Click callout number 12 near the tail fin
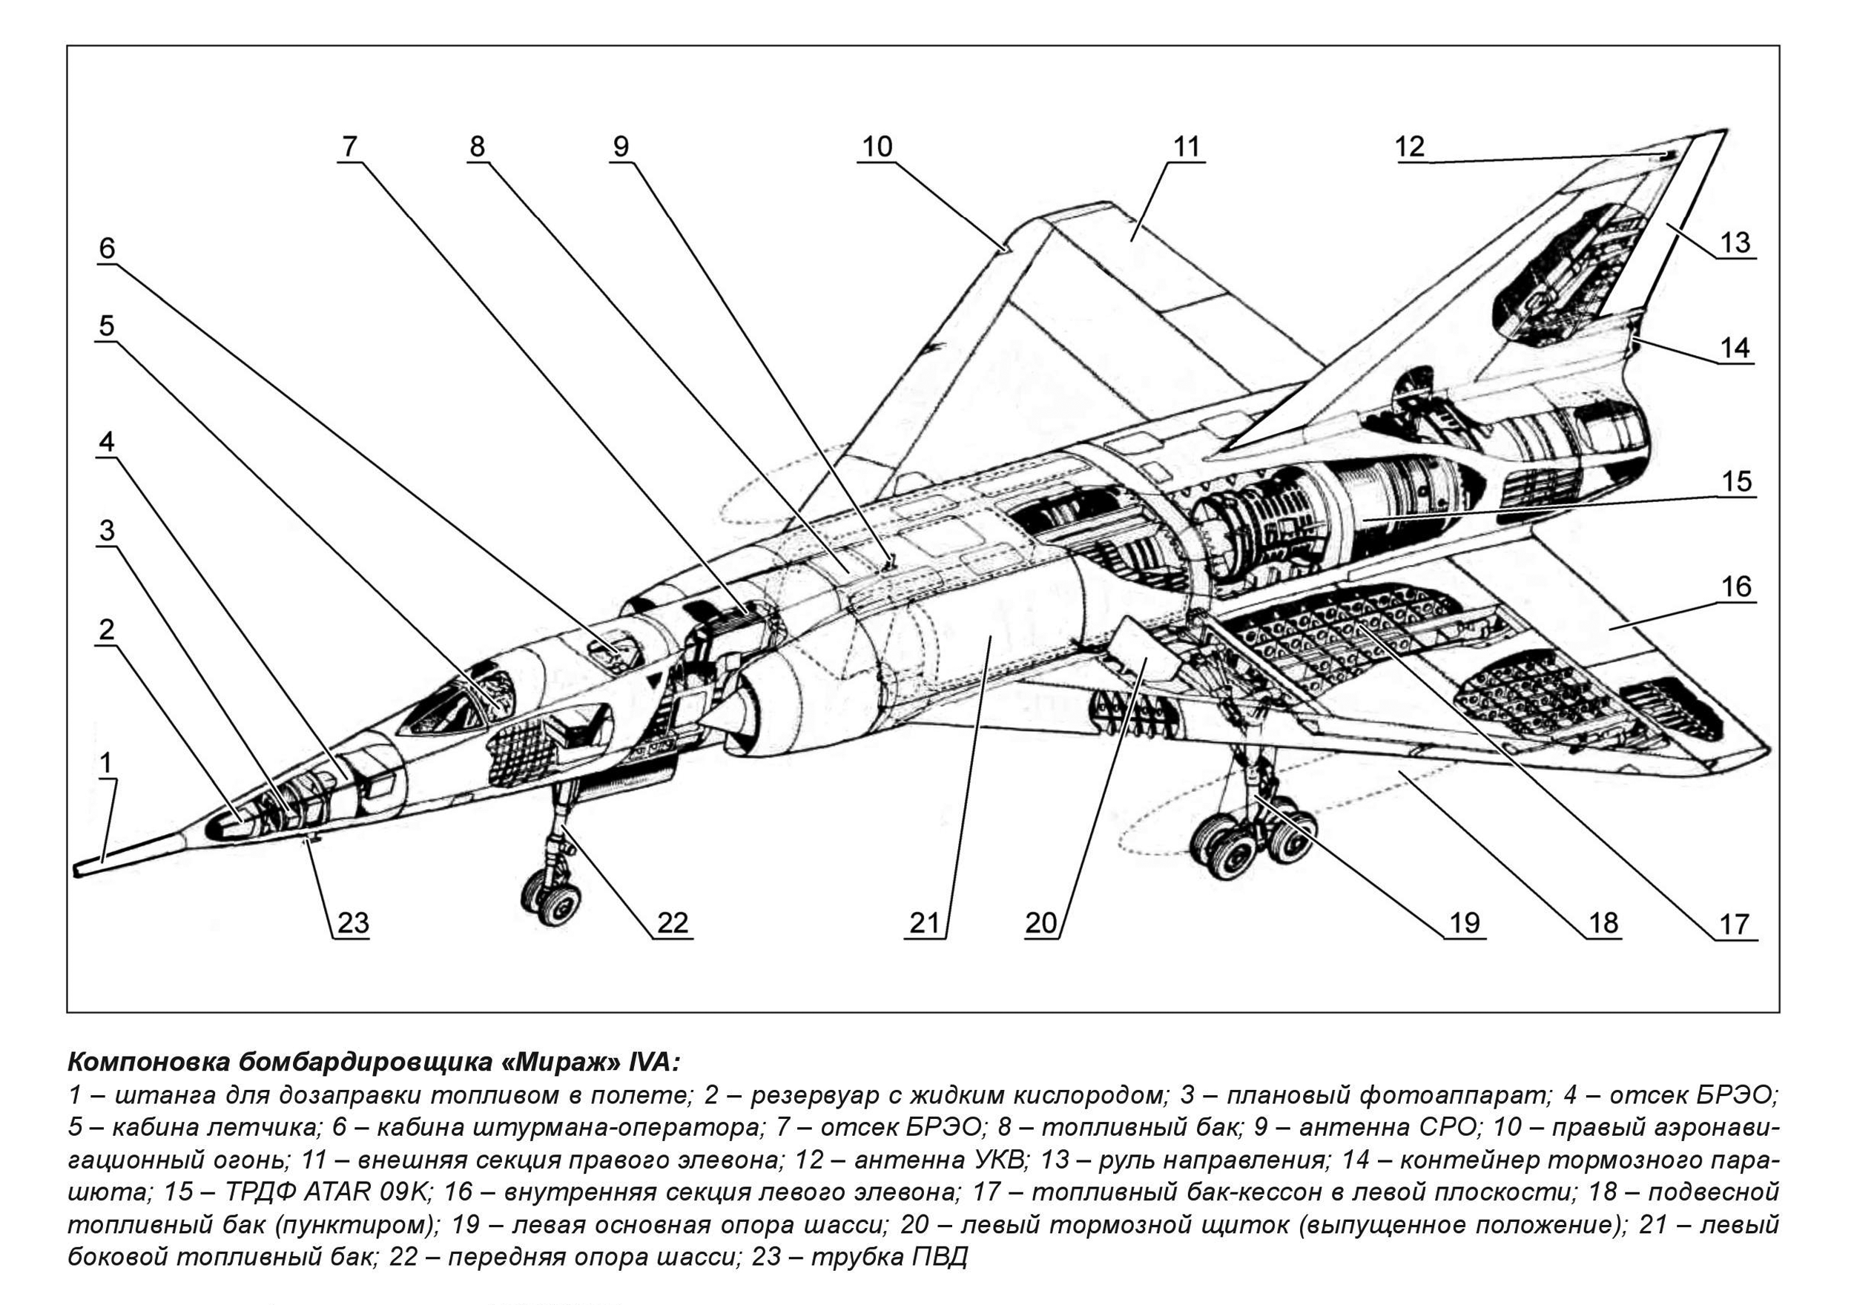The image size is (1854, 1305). point(1409,146)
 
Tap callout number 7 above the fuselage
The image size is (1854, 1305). point(349,146)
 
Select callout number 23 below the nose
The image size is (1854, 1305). point(352,922)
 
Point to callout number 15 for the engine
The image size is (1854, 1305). point(1736,480)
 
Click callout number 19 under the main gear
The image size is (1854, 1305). point(1464,922)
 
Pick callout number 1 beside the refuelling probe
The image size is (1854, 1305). point(105,761)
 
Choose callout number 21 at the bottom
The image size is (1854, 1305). point(926,922)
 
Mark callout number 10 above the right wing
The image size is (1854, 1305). point(878,146)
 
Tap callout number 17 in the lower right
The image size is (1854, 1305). point(1734,923)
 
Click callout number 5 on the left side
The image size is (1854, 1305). point(107,326)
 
